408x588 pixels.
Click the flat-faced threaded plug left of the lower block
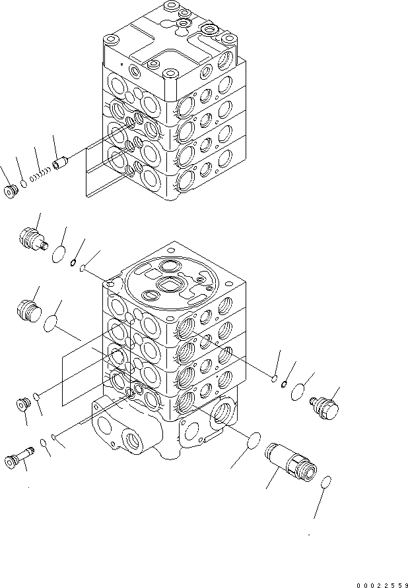pos(27,309)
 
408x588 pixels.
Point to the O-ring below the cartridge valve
pos(325,485)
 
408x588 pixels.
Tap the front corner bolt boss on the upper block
pos(174,75)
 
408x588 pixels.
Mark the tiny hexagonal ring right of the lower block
pos(283,384)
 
